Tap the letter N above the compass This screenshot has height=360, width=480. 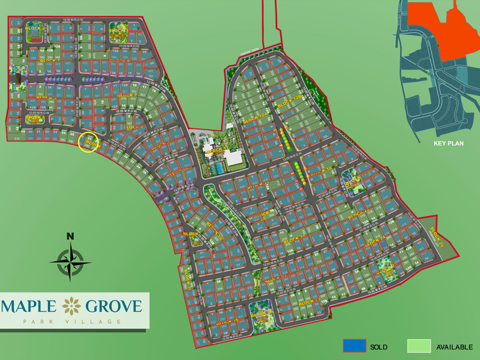coord(70,235)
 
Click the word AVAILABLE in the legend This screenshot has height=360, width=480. coord(454,347)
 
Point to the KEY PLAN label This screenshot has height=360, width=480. coord(447,143)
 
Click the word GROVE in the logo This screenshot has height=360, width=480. coord(113,307)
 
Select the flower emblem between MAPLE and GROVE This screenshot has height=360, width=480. coord(71,307)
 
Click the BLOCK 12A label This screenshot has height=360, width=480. coord(255,119)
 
